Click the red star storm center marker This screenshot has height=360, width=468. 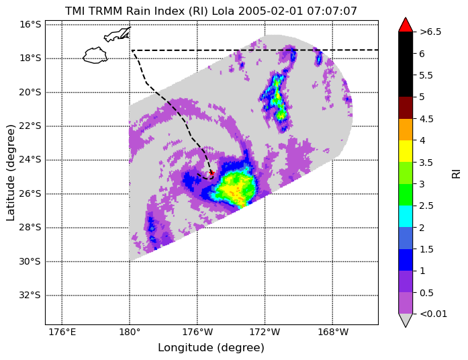[x=212, y=173]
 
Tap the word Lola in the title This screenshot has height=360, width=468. [x=224, y=11]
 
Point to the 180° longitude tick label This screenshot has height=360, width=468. [x=130, y=332]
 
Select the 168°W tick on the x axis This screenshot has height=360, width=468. [x=333, y=332]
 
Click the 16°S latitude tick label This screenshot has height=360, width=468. [x=30, y=24]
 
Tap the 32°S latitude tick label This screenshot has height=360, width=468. [x=30, y=296]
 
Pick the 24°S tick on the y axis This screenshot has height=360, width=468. [x=30, y=160]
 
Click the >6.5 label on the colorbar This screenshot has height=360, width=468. [x=430, y=32]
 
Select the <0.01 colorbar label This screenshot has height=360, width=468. [x=433, y=314]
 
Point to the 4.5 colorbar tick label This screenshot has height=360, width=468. [x=426, y=119]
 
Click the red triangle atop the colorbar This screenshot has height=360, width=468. [x=406, y=25]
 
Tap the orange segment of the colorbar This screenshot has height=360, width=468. [x=406, y=130]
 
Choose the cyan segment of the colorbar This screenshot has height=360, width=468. [x=406, y=216]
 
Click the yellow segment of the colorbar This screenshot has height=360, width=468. [x=406, y=151]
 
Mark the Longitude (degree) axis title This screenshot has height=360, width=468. [x=211, y=348]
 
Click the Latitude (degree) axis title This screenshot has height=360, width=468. [x=11, y=173]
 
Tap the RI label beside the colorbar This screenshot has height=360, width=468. [x=456, y=173]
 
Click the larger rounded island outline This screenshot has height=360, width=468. [x=95, y=55]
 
